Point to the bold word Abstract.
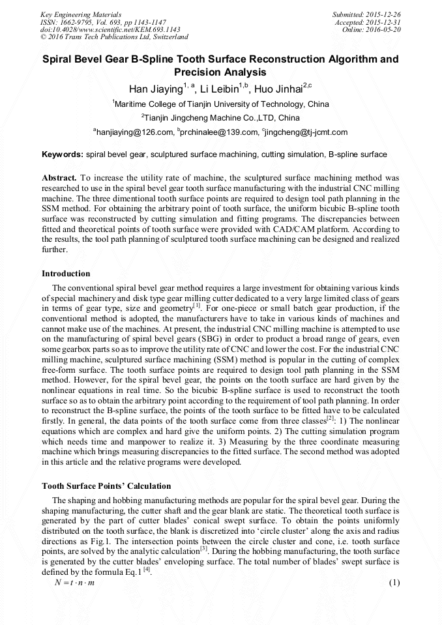click(x=59, y=177)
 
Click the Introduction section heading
click(x=66, y=273)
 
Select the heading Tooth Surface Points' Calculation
click(x=106, y=486)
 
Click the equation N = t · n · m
click(x=75, y=582)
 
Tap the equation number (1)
click(x=394, y=582)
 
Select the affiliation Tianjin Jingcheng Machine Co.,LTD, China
click(x=221, y=118)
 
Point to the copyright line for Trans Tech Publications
click(x=114, y=37)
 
